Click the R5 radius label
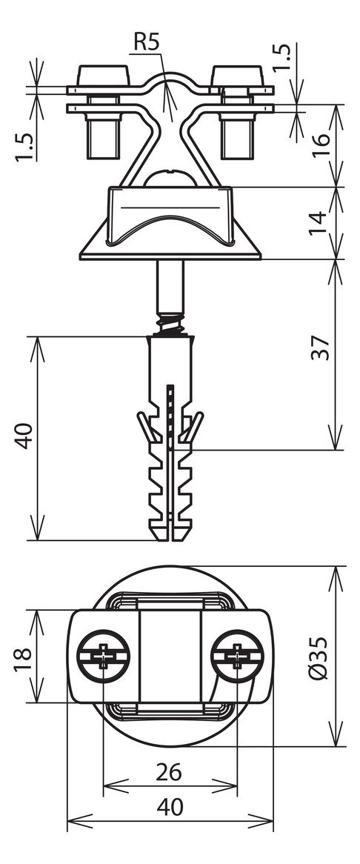pos(146,42)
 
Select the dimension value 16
pos(321,145)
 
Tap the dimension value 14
pos(321,222)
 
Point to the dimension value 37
pos(321,348)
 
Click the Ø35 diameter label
pos(319,658)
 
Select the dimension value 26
pos(168,773)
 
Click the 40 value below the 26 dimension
pos(170,807)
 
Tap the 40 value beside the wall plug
pos(24,436)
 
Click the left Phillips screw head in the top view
pos(104,656)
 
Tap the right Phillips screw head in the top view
pos(237,656)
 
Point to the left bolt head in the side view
pos(104,76)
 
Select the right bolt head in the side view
pos(237,76)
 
